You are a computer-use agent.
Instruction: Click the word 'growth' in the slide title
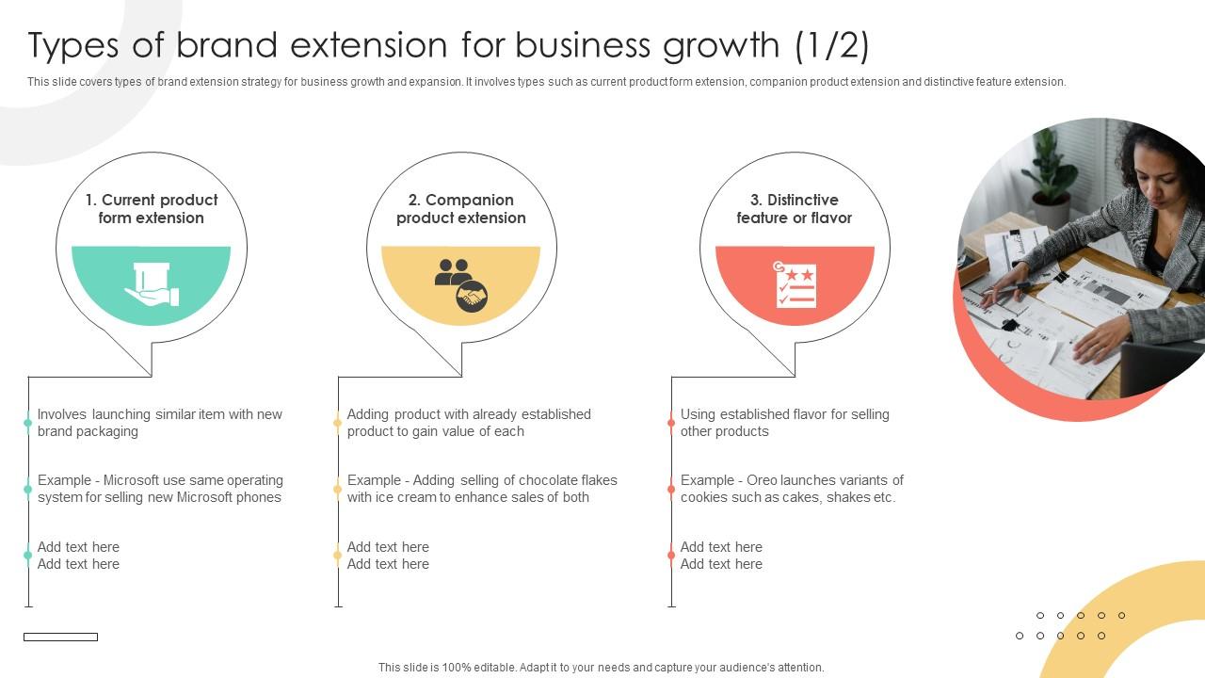coord(710,45)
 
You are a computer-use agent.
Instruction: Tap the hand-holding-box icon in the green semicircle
coord(152,284)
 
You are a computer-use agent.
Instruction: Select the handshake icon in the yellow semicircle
coord(461,284)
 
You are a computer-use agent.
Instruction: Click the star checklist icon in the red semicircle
coord(795,284)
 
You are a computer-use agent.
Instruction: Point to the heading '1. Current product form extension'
coord(152,209)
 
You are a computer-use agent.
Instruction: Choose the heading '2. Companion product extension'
coord(461,209)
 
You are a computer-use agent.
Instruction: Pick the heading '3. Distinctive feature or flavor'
coord(795,209)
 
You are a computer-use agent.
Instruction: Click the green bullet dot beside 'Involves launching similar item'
coord(28,423)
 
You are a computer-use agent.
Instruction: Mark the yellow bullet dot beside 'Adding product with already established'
coord(338,423)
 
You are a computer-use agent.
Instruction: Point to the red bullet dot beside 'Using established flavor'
coord(671,423)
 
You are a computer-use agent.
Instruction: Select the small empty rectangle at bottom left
coord(60,638)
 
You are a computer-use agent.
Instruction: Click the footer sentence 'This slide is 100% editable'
coord(601,668)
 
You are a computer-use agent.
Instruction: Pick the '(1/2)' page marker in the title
coord(831,45)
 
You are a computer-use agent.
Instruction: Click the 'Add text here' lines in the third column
coord(721,556)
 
